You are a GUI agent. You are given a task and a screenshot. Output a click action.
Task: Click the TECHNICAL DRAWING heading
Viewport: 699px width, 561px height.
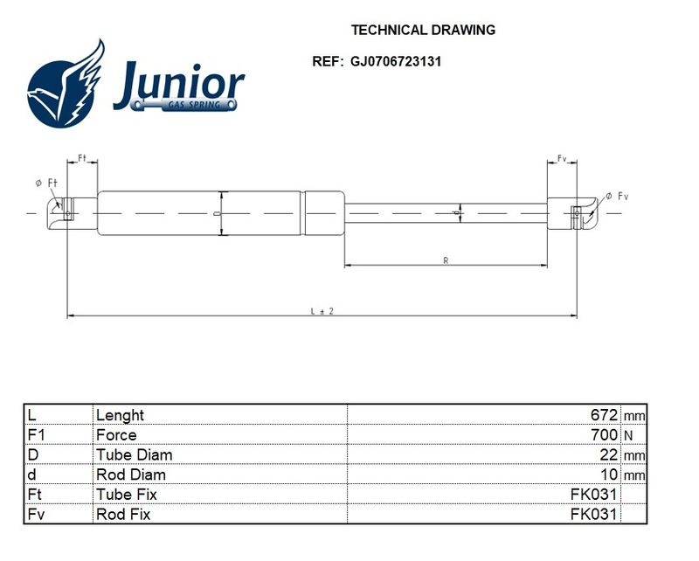pyautogui.click(x=423, y=30)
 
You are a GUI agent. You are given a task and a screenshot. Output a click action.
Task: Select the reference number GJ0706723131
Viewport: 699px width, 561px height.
pyautogui.click(x=396, y=61)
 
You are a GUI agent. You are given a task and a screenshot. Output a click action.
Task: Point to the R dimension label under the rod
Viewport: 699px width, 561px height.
pyautogui.click(x=446, y=260)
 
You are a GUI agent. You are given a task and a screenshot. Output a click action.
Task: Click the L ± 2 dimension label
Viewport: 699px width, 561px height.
pyautogui.click(x=322, y=311)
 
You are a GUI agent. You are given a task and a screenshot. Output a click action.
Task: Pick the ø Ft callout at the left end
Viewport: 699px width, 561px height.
pyautogui.click(x=46, y=183)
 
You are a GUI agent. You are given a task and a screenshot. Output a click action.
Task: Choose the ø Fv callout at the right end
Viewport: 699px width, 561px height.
pyautogui.click(x=617, y=197)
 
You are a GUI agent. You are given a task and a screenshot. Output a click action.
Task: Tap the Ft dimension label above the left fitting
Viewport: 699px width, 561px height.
pyautogui.click(x=82, y=158)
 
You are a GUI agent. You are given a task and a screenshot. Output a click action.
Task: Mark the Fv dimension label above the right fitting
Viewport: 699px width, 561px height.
pyautogui.click(x=562, y=158)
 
